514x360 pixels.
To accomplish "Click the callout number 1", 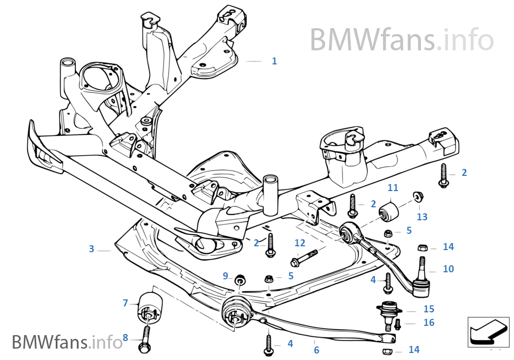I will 274,61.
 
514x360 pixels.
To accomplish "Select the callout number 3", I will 91,249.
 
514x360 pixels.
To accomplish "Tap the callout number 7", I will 126,303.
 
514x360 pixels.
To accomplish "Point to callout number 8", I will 125,338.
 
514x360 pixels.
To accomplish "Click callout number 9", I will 226,276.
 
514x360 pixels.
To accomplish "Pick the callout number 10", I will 448,269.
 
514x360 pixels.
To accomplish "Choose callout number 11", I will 393,188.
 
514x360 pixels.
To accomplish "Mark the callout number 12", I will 300,243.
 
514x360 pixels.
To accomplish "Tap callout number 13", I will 422,217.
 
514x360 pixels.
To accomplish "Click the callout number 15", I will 429,309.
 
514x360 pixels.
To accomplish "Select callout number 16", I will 429,323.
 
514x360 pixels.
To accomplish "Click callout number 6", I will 317,350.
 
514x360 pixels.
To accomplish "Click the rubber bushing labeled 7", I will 150,307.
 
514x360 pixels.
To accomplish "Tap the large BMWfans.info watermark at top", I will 401,39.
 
